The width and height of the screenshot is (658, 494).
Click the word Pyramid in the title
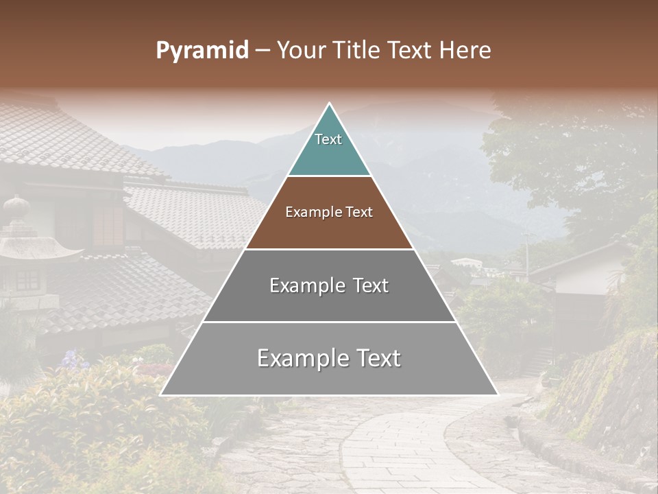pos(202,51)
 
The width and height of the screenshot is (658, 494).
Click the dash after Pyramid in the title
pos(262,51)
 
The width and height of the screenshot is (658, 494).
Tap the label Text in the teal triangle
pos(328,139)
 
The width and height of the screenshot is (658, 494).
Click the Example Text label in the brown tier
pos(329,212)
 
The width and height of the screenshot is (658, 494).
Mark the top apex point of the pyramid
pos(330,104)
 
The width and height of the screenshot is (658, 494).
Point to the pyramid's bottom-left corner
pos(161,395)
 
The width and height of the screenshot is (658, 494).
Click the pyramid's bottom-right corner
pos(498,395)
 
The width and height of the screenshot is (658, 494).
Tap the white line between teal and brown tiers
pos(329,176)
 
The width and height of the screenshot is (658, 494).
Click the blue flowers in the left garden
pos(71,359)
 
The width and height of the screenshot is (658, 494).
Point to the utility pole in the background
pos(526,254)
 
